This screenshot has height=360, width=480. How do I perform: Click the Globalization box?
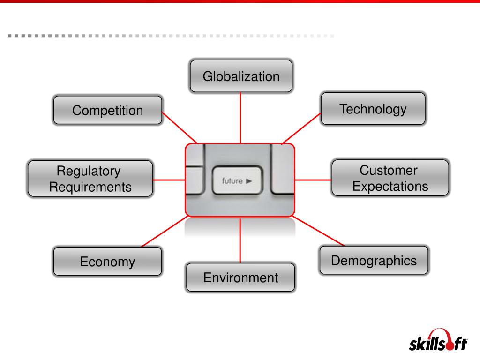click(x=241, y=76)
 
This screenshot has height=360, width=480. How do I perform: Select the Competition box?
click(x=107, y=111)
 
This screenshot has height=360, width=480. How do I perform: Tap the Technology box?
click(x=373, y=109)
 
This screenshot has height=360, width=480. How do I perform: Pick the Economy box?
click(x=107, y=261)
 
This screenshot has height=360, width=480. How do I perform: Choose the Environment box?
click(x=240, y=277)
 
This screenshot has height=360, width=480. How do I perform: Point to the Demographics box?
click(x=374, y=260)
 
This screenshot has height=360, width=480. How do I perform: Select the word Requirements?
click(x=90, y=187)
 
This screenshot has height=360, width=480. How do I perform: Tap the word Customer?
click(x=389, y=170)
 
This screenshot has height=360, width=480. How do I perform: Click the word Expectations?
click(x=390, y=186)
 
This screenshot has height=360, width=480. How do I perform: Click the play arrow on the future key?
click(x=249, y=180)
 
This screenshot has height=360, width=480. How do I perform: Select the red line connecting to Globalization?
click(x=240, y=117)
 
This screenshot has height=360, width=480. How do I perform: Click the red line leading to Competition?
click(x=180, y=127)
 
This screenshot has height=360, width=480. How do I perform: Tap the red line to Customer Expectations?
click(x=313, y=180)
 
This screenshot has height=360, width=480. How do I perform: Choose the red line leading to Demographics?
click(x=319, y=231)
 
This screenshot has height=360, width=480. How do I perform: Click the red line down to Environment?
click(x=240, y=240)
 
